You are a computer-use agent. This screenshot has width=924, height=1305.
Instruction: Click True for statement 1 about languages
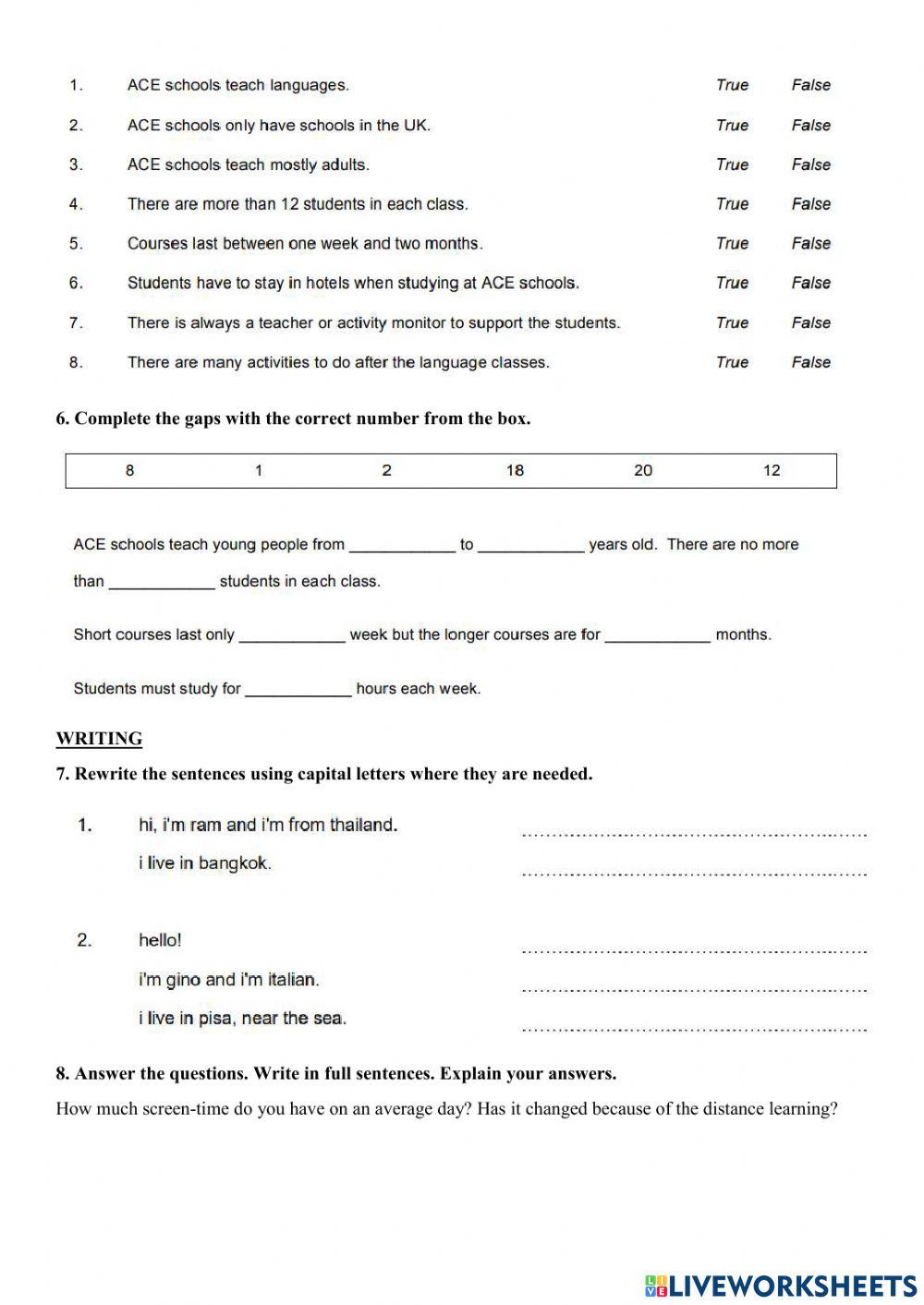pos(732,85)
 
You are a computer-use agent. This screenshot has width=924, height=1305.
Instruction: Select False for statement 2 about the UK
pos(810,125)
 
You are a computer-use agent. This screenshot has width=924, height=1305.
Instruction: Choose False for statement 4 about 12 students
pos(810,204)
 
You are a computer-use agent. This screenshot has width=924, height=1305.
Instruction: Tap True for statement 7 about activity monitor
pos(732,323)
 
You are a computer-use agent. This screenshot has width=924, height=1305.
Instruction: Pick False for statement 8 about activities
pos(810,363)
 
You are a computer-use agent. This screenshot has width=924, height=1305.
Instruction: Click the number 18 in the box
pos(515,471)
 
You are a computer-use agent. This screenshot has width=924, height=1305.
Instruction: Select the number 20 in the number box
pos(643,471)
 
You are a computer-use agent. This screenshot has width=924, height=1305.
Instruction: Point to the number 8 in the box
pos(129,471)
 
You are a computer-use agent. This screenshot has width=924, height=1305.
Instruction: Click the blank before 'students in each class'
pos(162,583)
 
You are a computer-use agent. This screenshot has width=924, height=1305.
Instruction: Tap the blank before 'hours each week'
pos(298,690)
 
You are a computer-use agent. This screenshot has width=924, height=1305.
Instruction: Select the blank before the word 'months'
pos(658,636)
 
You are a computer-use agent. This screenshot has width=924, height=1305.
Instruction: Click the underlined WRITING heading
pos(99,739)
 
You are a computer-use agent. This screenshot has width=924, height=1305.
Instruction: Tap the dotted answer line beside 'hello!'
pos(693,949)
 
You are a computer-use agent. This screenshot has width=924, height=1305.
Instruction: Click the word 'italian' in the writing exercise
pos(292,980)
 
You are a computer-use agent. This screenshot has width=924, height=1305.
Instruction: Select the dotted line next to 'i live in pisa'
pos(693,1027)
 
